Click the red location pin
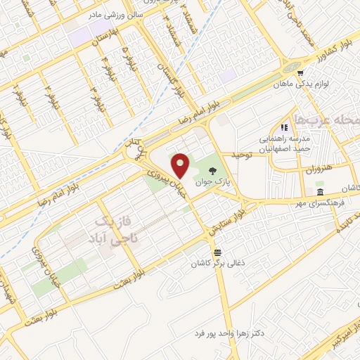coord(182,166)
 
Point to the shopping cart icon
coord(301,72)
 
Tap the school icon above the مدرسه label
coord(284,127)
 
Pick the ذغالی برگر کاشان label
coord(216,264)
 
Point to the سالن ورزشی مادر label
coord(116,13)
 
